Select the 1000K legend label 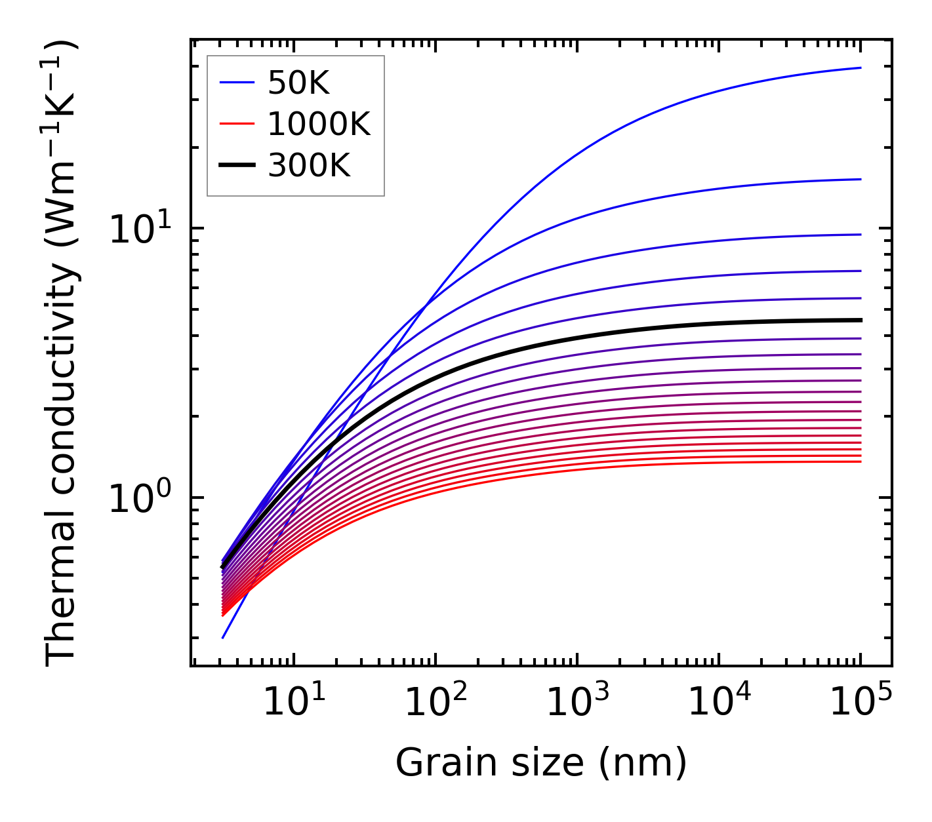(319, 124)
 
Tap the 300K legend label (309, 166)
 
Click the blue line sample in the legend (237, 83)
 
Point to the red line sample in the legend (237, 124)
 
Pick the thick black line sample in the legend (237, 166)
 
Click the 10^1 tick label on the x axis (293, 703)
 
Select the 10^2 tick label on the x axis (435, 703)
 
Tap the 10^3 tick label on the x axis (577, 703)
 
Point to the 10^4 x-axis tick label (718, 703)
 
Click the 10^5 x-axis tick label (860, 703)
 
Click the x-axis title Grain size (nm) (541, 764)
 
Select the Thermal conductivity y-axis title (62, 353)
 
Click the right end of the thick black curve (860, 320)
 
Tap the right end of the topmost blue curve (860, 68)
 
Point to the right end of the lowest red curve (860, 461)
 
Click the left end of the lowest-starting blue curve (224, 637)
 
